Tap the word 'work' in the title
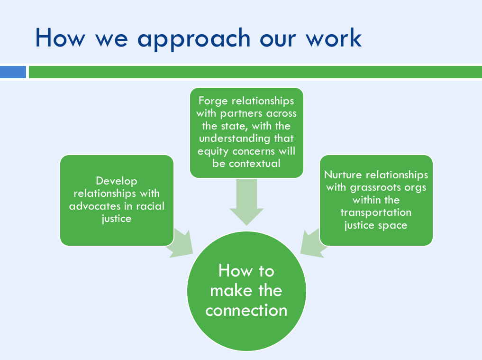pos(334,37)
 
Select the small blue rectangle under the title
pos(13,72)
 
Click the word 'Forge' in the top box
pos(213,101)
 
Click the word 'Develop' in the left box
pos(117,181)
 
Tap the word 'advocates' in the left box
pos(95,206)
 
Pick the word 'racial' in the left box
pos(150,206)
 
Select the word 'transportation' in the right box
pos(376,212)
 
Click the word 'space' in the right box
pos(392,226)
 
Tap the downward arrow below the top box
pos(246,202)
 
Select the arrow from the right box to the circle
pos(312,244)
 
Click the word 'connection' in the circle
pos(246,311)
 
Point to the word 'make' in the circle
pos(230,290)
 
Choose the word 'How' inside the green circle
pos(236,271)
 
